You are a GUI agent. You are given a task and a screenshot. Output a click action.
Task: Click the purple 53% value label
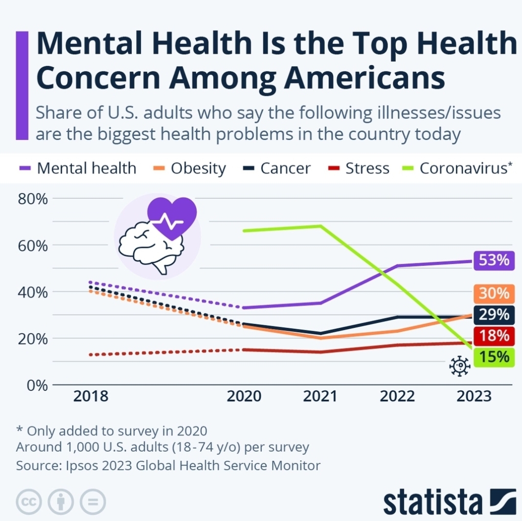494,260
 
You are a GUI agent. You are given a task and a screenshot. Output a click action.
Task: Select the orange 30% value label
494,294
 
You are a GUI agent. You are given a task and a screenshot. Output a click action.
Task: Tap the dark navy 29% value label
494,315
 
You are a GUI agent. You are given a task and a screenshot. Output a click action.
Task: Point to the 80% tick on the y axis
32,199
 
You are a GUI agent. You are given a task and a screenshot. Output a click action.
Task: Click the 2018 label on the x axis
91,396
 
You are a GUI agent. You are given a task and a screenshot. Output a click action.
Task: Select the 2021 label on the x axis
320,396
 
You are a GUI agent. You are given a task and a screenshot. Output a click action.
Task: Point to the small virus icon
459,367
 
